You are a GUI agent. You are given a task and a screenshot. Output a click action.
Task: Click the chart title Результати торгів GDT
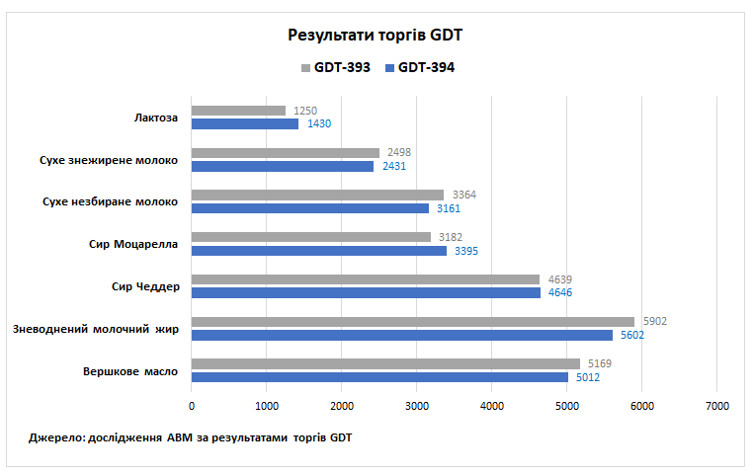click(376, 36)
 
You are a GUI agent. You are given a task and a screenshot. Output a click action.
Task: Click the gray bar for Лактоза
click(238, 111)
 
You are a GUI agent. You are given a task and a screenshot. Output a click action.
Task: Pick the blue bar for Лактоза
click(245, 124)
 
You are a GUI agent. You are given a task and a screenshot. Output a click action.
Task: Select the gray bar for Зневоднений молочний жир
click(412, 321)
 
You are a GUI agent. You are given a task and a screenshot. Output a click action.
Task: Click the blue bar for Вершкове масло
click(379, 377)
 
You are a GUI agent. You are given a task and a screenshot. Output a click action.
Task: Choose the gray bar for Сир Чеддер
click(365, 279)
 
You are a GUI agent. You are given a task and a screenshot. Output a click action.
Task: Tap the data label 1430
click(319, 124)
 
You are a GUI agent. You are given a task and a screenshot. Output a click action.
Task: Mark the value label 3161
click(449, 208)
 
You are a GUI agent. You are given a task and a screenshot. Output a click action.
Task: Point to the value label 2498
click(398, 153)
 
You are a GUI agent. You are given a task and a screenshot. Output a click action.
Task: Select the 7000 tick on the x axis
click(717, 406)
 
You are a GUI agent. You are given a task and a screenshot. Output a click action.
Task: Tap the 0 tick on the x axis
click(192, 406)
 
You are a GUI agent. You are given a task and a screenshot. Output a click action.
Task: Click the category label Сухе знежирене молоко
click(109, 160)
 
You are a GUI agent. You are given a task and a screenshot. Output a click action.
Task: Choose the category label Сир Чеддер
click(145, 286)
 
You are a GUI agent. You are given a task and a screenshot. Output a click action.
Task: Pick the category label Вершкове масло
click(131, 370)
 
